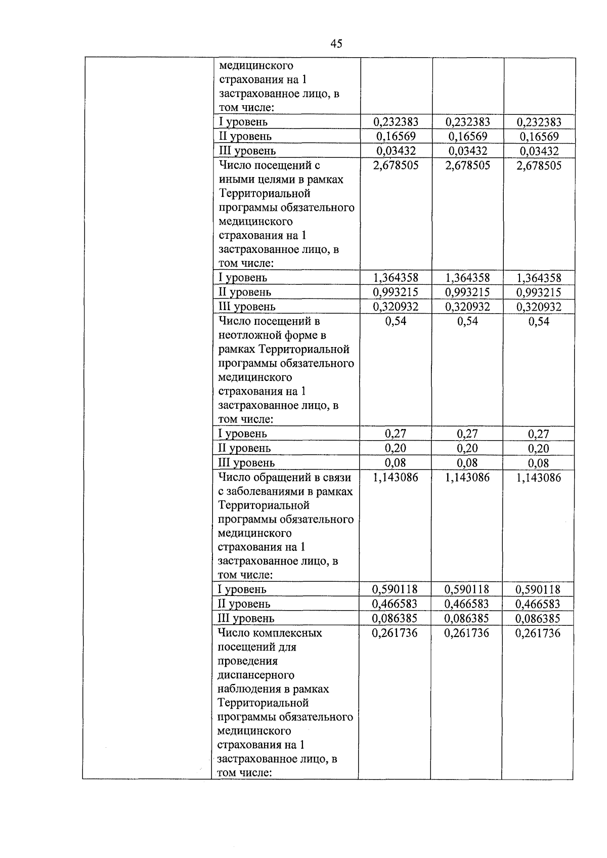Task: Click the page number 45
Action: [336, 44]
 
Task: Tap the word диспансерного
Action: [256, 675]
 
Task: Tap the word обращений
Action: [274, 477]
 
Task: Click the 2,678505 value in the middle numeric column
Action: [467, 165]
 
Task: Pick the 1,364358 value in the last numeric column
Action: [539, 278]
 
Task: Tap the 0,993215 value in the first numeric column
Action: [396, 292]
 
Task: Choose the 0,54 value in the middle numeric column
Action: [467, 321]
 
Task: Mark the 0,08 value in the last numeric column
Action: [539, 463]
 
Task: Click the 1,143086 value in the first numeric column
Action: [396, 477]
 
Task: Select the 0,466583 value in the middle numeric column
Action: [467, 604]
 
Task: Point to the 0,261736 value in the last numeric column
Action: [538, 633]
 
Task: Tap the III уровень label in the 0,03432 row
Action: [247, 151]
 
